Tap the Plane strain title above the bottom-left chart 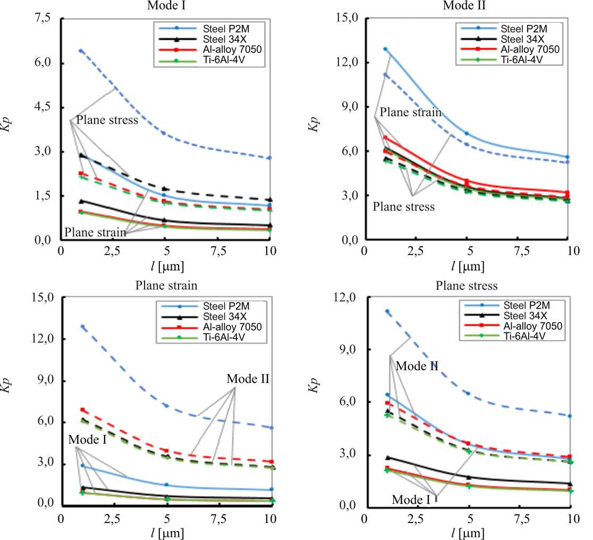pos(166,285)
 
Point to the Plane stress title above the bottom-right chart pos(467,286)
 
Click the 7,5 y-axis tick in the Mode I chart pos(42,19)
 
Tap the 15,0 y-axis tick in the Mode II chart pos(344,19)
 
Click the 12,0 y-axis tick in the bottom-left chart pos(42,339)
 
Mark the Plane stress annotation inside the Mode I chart pos(107,120)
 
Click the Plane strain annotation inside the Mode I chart pos(95,232)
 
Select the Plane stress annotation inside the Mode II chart pos(403,206)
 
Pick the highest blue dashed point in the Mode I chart pos(81,51)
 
